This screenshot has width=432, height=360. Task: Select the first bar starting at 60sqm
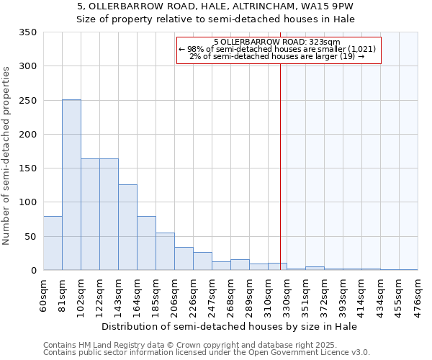tap(53, 243)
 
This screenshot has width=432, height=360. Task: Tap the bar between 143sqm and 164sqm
tap(127, 228)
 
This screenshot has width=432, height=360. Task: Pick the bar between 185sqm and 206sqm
tap(165, 252)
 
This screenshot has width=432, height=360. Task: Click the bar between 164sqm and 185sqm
tap(146, 243)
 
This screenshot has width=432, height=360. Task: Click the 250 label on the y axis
tap(28, 101)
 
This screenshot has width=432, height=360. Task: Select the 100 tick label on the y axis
tap(28, 202)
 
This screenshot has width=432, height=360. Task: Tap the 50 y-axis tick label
tap(30, 237)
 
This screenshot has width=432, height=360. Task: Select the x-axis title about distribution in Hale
tap(230, 326)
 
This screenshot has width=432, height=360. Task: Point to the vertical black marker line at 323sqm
tap(280, 166)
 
